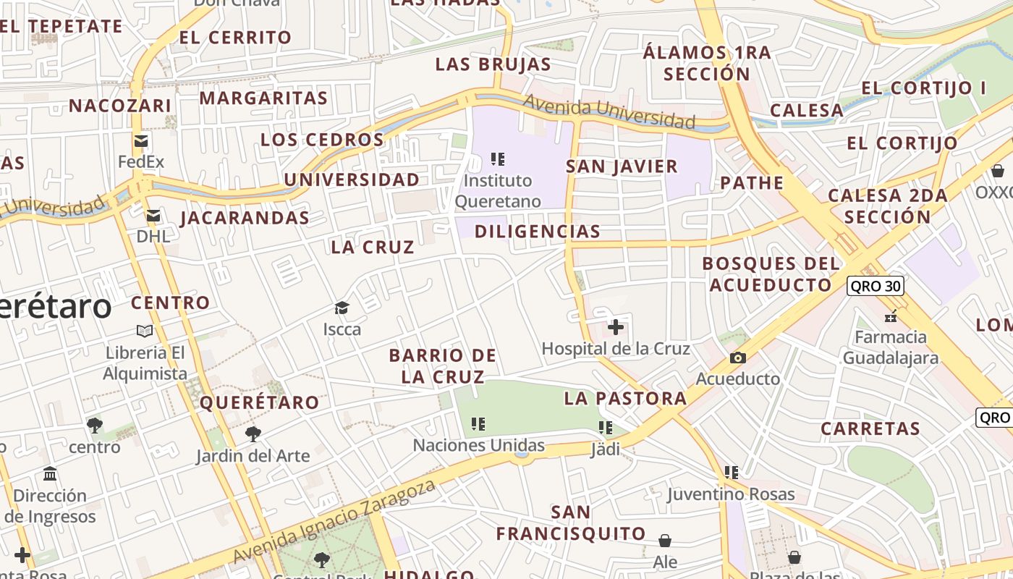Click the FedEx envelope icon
[x=140, y=141]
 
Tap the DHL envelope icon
[x=153, y=216]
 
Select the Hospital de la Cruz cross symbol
[x=616, y=327]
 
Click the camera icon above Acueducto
[x=737, y=358]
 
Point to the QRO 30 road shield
[x=875, y=286]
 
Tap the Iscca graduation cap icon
[x=342, y=308]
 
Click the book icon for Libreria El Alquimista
[x=145, y=331]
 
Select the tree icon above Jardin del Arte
[x=253, y=434]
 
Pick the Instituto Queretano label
[x=497, y=190]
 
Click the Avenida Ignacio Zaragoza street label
[x=335, y=521]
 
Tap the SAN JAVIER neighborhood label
[x=622, y=166]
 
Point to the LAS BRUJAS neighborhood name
[x=493, y=64]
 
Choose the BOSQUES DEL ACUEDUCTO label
[x=771, y=274]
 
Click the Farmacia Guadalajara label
[x=891, y=347]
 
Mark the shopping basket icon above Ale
[x=665, y=541]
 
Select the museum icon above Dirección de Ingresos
[x=50, y=474]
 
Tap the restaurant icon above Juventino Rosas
[x=732, y=473]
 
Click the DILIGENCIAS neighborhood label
[x=538, y=232]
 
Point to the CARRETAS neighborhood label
[x=870, y=428]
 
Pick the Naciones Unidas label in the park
[x=478, y=445]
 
